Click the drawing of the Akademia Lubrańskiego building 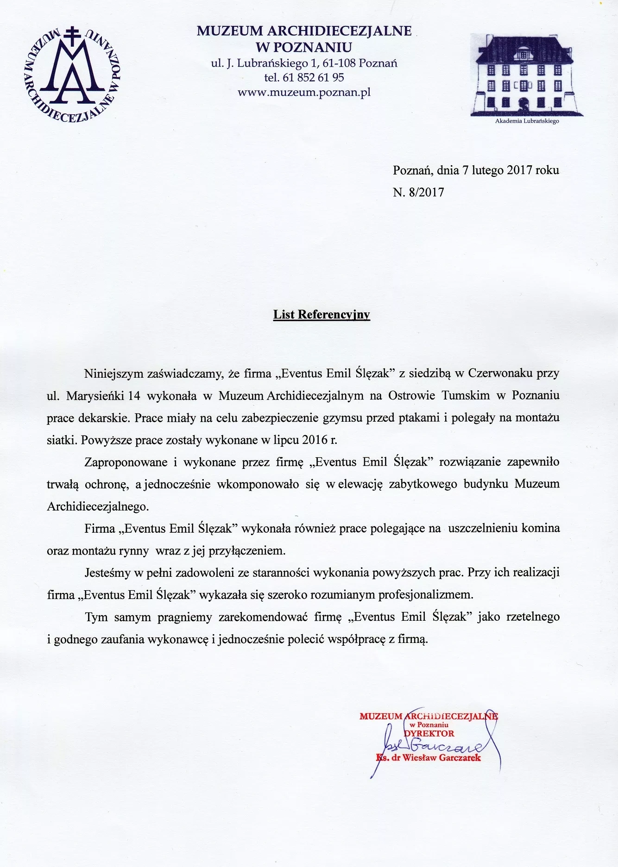tap(526, 75)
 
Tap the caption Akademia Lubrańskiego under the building tap(527, 121)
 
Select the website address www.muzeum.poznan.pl tap(304, 92)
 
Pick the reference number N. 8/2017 tap(418, 192)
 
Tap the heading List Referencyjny tap(322, 315)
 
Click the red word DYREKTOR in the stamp tap(429, 733)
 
